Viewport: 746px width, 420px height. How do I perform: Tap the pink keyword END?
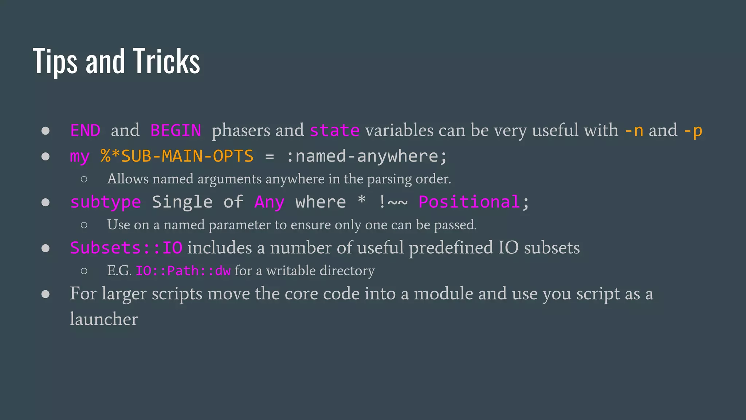85,131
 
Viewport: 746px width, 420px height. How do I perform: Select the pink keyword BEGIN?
176,131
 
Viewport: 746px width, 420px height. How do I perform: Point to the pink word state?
334,131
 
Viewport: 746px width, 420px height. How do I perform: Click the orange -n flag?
634,131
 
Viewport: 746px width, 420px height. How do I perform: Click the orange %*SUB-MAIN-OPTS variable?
177,156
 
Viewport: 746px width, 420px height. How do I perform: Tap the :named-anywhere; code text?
366,156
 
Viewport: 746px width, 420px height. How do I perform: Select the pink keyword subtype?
106,202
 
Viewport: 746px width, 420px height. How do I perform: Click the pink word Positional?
469,202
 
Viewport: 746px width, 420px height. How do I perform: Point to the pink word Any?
269,202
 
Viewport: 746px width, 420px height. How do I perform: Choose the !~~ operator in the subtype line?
393,202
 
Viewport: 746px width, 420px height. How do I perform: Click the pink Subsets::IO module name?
126,248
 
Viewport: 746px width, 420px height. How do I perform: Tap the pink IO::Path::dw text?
183,271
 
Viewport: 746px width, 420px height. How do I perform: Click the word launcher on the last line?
104,319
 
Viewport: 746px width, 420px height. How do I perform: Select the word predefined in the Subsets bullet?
451,248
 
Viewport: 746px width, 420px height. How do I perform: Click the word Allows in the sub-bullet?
128,179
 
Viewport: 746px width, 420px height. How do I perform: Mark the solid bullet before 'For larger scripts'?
46,294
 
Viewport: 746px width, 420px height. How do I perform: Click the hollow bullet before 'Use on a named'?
84,225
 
